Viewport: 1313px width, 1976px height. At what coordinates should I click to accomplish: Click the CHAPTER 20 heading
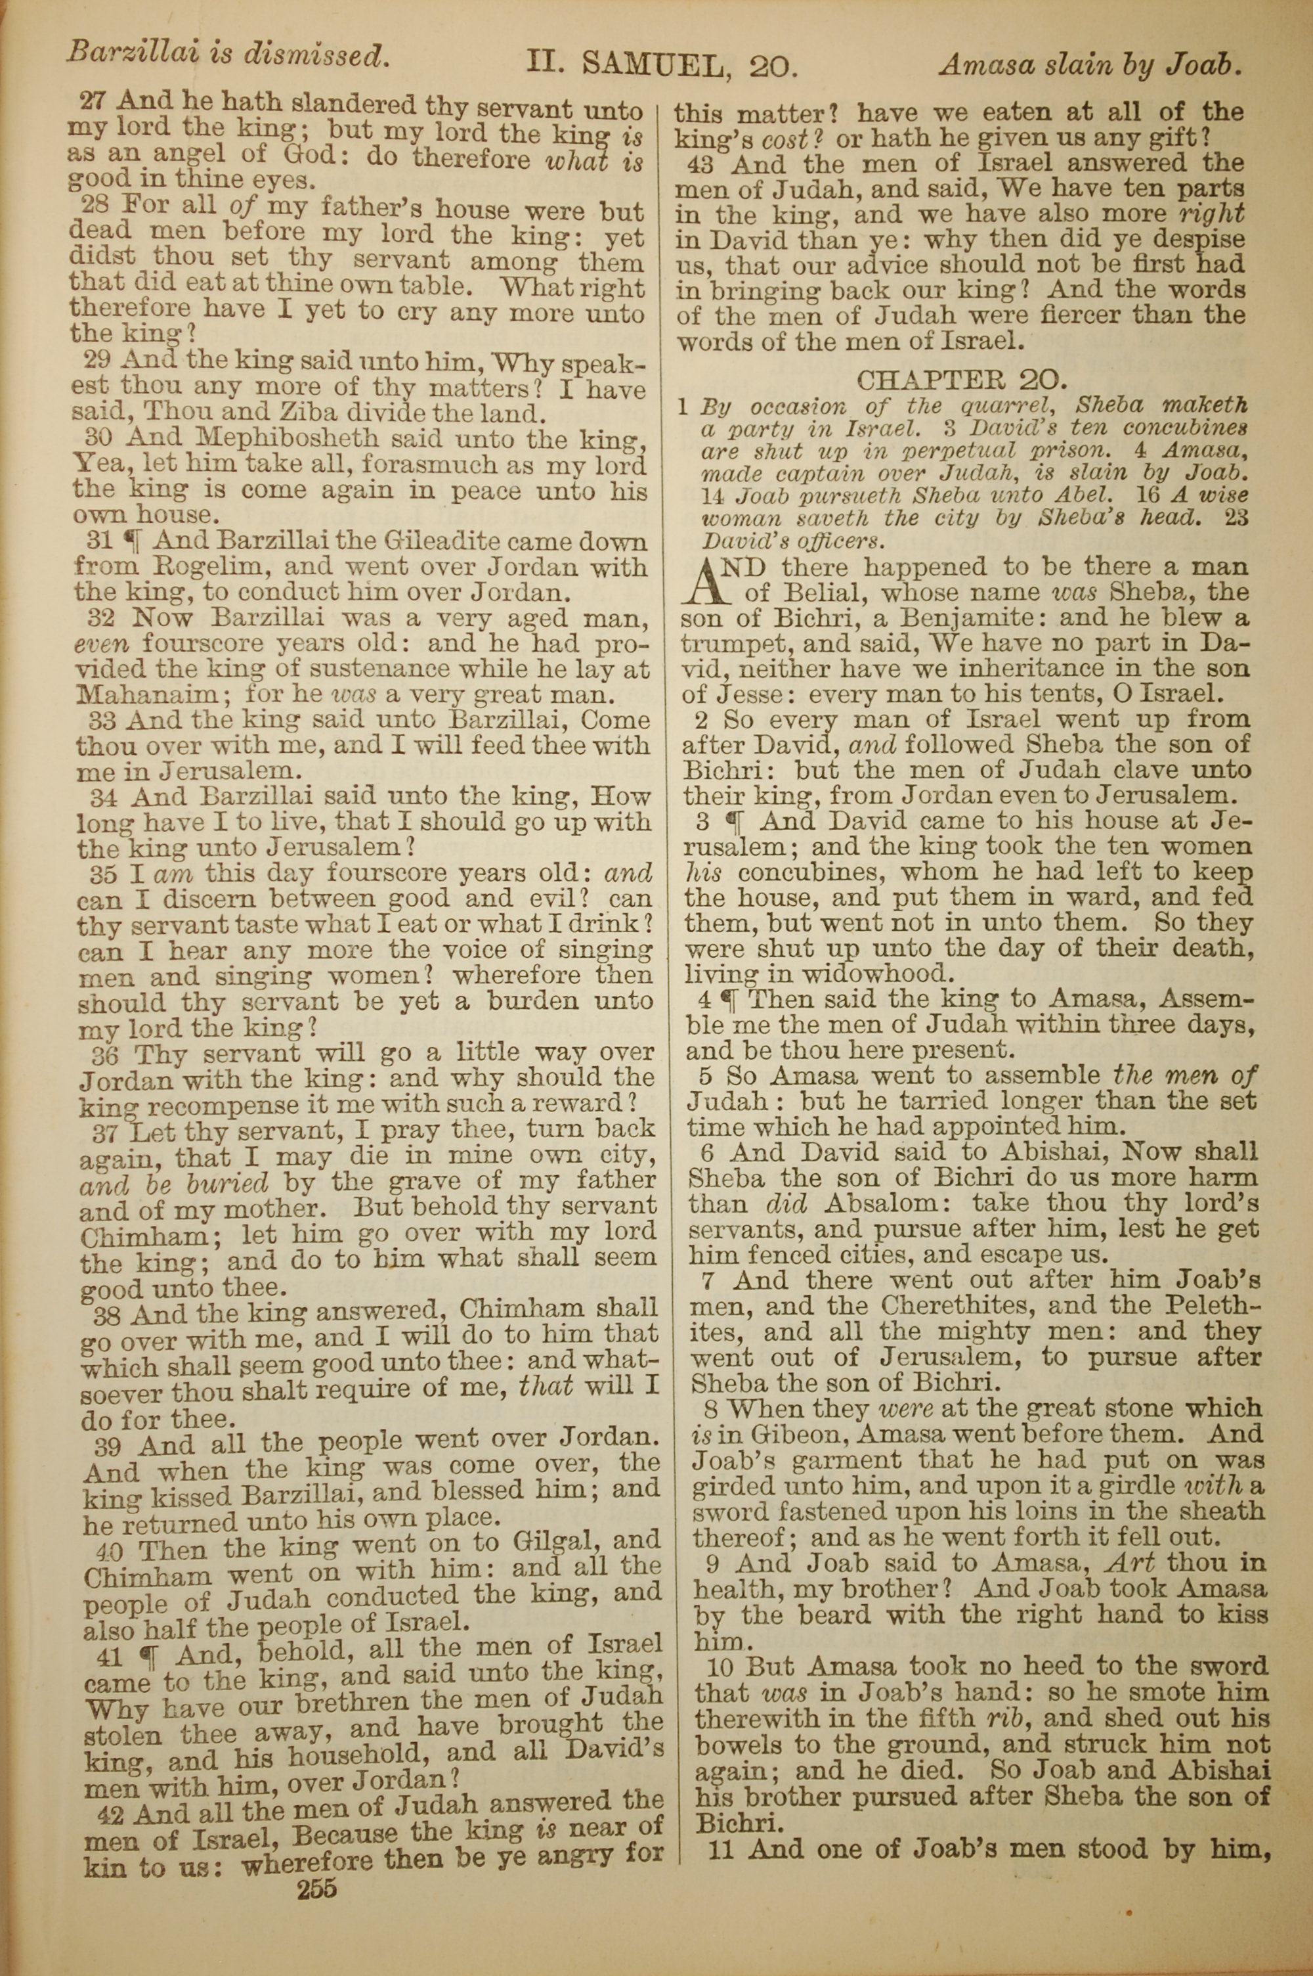961,380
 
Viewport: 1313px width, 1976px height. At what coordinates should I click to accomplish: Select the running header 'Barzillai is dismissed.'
228,55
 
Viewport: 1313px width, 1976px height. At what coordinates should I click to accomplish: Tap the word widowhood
851,974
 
